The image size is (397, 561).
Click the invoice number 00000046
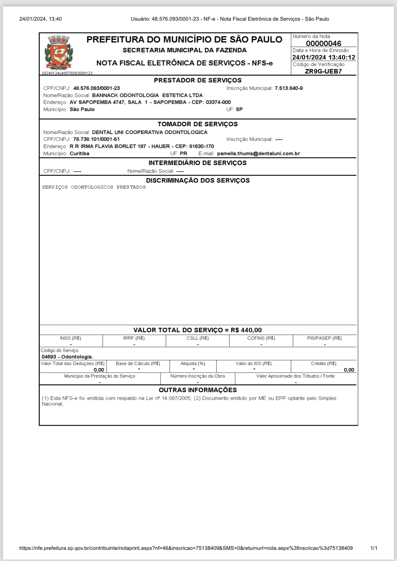[x=323, y=44]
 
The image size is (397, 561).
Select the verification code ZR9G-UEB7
[x=323, y=71]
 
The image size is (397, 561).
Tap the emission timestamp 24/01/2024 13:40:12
[x=324, y=57]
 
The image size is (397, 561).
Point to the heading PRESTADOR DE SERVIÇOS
[x=198, y=80]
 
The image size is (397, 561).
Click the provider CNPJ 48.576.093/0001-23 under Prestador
[x=96, y=88]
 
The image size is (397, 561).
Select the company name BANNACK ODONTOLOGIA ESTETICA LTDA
[x=147, y=95]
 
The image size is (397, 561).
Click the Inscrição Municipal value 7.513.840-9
[x=288, y=88]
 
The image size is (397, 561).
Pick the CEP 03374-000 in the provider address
[x=218, y=102]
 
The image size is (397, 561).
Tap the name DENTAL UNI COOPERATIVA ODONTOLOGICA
[x=150, y=132]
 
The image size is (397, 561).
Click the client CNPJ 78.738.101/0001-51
[x=96, y=139]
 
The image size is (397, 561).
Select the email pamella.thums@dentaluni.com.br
[x=258, y=153]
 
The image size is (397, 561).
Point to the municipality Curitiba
[x=79, y=153]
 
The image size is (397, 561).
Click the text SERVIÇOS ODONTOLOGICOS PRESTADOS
[x=94, y=187]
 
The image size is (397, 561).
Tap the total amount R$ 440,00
[x=246, y=330]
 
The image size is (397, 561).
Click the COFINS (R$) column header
[x=261, y=338]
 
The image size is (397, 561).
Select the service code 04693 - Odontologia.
[x=67, y=357]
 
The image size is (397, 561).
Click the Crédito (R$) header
[x=323, y=363]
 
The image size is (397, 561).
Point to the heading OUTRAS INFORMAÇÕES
[x=198, y=390]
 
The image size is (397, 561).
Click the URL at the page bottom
[x=186, y=548]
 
